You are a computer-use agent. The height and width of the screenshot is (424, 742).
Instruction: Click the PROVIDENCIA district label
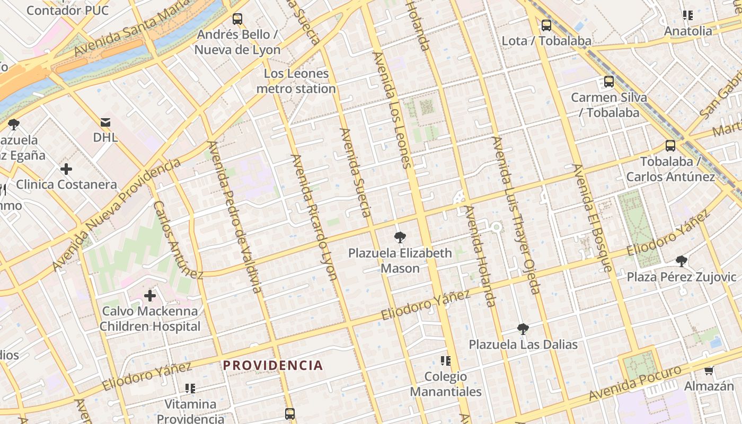[273, 365]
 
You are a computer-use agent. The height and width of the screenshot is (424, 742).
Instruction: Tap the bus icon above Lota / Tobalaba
[546, 25]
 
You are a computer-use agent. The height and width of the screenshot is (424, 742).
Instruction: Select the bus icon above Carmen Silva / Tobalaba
[609, 82]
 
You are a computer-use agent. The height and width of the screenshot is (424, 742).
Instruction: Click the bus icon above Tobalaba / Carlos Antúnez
[670, 146]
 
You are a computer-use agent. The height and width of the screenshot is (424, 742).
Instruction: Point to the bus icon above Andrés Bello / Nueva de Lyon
[237, 19]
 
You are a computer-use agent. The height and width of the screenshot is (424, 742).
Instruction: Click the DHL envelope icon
[105, 122]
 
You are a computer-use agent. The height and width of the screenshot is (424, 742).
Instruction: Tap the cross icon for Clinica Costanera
[66, 169]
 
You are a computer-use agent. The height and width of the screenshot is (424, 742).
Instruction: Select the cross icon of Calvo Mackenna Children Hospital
[150, 295]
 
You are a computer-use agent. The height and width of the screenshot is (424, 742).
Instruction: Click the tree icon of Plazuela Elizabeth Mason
[400, 237]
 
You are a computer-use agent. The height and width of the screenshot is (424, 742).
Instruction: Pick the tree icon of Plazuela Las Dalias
[523, 329]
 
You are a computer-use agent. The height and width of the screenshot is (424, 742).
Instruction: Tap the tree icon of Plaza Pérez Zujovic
[682, 261]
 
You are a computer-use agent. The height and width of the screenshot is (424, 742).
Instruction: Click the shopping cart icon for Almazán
[709, 370]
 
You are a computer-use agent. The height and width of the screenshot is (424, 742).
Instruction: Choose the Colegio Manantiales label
[446, 384]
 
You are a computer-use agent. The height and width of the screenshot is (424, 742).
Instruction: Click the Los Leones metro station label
[296, 81]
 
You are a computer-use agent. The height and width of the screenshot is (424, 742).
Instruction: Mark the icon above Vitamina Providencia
[190, 388]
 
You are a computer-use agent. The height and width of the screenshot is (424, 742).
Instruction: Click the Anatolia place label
[688, 31]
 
